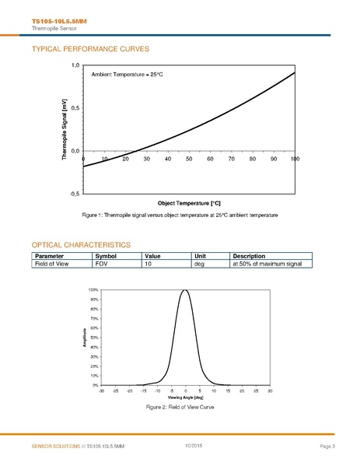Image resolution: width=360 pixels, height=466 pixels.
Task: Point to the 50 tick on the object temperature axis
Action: coord(189,159)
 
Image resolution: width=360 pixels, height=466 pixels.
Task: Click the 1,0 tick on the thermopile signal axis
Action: coord(75,65)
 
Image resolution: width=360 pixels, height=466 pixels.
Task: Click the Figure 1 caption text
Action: coord(180,215)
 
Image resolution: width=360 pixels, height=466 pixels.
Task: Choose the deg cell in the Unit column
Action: coord(198,264)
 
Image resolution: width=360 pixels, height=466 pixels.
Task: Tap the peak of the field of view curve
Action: coord(185,290)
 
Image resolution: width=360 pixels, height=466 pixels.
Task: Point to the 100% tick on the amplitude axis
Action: coord(93,289)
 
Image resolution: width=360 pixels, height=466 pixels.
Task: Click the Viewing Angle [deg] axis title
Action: coord(185,397)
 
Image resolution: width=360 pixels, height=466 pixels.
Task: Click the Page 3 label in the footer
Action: coord(327,446)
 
